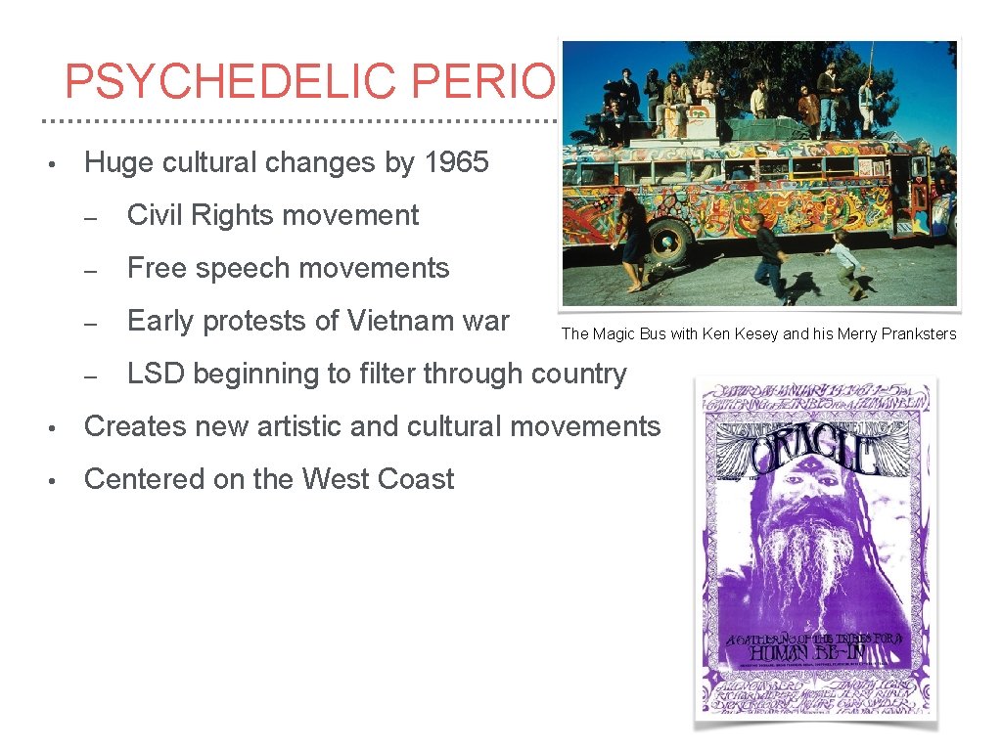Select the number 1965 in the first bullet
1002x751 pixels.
pos(457,162)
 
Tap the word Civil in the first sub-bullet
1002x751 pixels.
pos(153,215)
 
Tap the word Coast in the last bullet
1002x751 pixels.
pos(420,479)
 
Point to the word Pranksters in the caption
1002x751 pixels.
pos(917,334)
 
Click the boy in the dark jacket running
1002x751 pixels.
pos(772,256)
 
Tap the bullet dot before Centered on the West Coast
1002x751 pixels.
pos(60,480)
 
